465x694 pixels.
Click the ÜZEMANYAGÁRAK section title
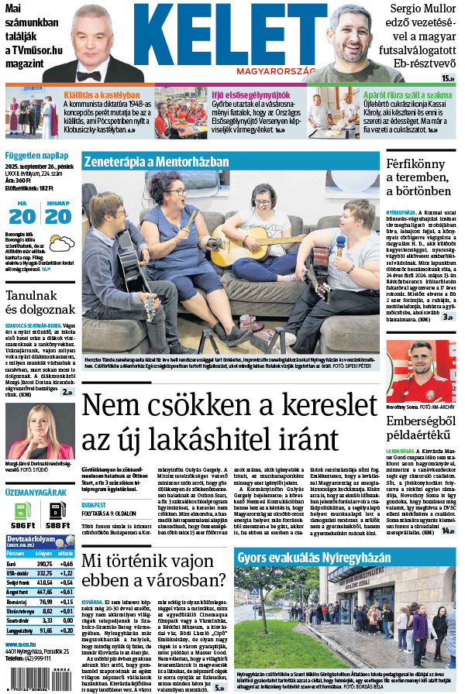coord(35,493)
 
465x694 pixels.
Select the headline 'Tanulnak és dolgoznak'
coord(39,306)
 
